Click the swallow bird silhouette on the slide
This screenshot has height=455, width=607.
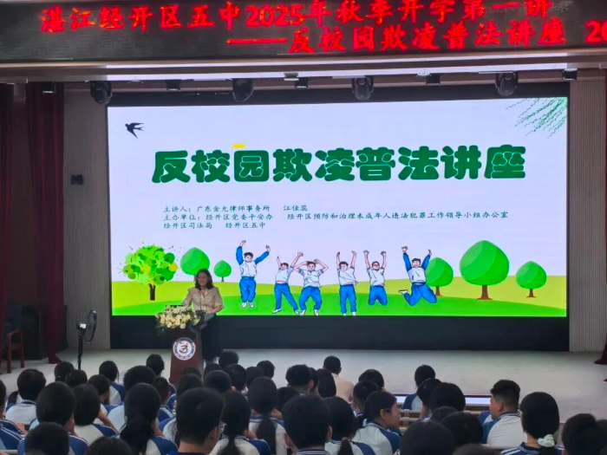[x=134, y=129]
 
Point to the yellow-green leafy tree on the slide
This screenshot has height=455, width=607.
[x=149, y=264]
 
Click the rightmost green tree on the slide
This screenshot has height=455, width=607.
[x=531, y=277]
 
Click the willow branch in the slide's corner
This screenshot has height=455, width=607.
[x=542, y=114]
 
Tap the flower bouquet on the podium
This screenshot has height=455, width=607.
[x=177, y=317]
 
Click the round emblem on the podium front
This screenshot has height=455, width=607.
[x=184, y=348]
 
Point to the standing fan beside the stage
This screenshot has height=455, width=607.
[x=87, y=328]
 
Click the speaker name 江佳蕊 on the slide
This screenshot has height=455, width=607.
[x=296, y=209]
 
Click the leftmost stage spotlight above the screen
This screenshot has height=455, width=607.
[x=101, y=91]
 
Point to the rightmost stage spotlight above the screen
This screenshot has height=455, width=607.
[x=506, y=84]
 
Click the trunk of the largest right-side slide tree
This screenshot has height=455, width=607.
[x=484, y=292]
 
